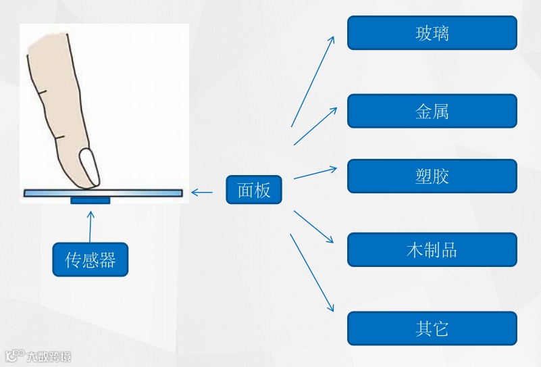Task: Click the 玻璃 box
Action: [x=432, y=32]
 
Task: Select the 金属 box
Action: [x=432, y=111]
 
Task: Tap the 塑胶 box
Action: [x=432, y=176]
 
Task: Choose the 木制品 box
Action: [x=432, y=249]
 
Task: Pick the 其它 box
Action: [x=432, y=328]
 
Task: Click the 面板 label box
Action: [x=253, y=190]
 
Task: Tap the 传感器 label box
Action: [x=90, y=260]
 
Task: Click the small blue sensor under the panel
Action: [x=90, y=201]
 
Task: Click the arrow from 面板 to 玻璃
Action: [x=313, y=81]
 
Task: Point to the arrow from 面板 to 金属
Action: [x=315, y=126]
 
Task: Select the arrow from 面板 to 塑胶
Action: [x=315, y=172]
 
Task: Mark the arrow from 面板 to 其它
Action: [x=312, y=272]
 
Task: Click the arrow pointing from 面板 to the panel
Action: [x=202, y=193]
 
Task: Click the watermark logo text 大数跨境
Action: [x=47, y=356]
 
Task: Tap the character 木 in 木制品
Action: [x=414, y=250]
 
